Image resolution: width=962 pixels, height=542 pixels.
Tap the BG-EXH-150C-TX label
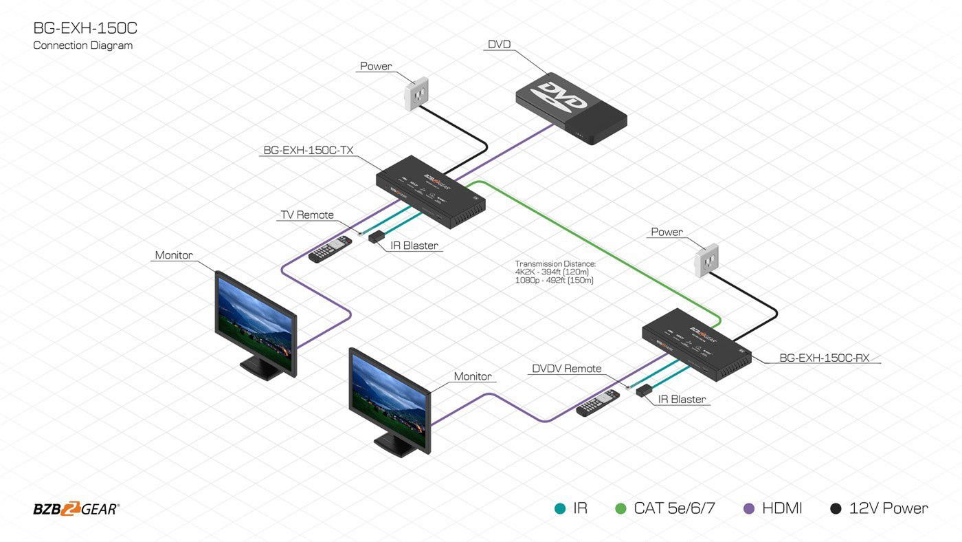(309, 149)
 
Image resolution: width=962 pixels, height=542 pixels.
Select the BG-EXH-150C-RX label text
(824, 358)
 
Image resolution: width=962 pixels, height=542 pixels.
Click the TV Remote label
(306, 215)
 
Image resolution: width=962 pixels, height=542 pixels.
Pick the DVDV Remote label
(566, 369)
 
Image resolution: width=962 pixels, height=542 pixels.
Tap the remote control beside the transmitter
(330, 249)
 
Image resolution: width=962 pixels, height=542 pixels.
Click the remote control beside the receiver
(598, 404)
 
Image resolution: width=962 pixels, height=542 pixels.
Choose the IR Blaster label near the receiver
(682, 399)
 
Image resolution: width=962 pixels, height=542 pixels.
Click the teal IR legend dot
(560, 509)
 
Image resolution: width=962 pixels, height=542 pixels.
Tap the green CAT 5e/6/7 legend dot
(621, 509)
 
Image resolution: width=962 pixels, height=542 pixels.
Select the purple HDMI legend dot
(750, 509)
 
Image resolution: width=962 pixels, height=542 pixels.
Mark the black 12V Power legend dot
(836, 509)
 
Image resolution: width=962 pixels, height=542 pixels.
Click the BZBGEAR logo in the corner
(76, 509)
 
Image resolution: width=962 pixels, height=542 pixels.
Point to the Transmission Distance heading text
(555, 263)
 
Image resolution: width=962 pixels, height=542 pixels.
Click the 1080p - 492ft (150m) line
(554, 280)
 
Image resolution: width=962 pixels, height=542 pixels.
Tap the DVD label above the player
(499, 45)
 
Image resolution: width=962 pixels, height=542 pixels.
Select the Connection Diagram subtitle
(82, 45)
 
